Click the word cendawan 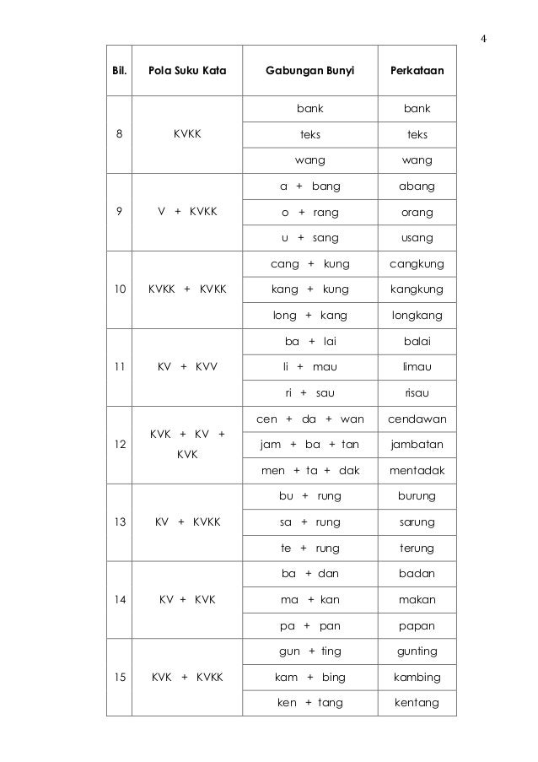[x=417, y=419]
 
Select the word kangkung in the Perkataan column [x=417, y=289]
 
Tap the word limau [x=417, y=367]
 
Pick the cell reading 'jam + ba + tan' [x=309, y=445]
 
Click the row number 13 [x=119, y=522]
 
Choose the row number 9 [x=119, y=212]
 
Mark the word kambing [x=417, y=678]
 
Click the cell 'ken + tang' [x=309, y=703]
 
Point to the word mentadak [x=417, y=471]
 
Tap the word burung [x=417, y=496]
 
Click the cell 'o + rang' [x=309, y=212]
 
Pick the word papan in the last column [x=417, y=626]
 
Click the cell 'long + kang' [x=309, y=316]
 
